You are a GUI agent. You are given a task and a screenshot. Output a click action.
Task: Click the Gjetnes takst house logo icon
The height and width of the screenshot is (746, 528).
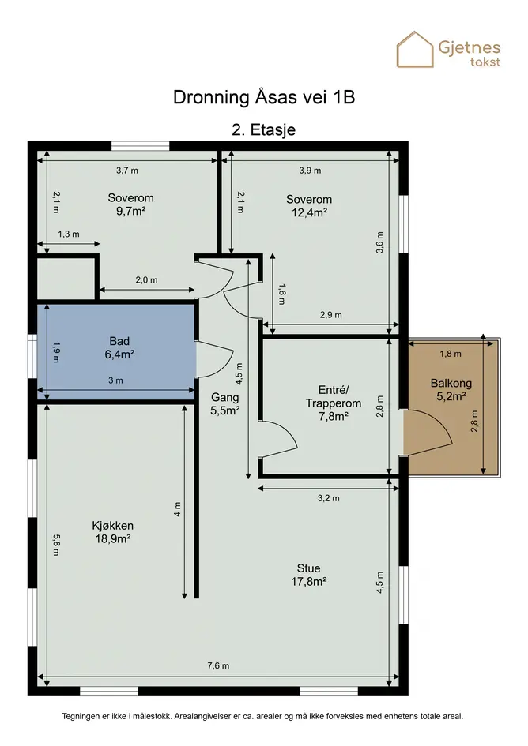(x=415, y=50)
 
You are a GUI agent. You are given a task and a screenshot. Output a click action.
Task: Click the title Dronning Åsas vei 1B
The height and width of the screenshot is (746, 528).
(x=264, y=97)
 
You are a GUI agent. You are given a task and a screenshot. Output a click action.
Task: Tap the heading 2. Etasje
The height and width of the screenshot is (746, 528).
(x=263, y=130)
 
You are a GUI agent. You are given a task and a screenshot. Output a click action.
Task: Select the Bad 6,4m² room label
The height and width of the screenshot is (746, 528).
(x=119, y=347)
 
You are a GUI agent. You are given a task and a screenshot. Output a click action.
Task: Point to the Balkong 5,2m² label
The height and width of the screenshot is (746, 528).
(x=451, y=390)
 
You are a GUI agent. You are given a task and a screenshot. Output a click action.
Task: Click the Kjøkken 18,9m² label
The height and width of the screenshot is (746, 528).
(x=112, y=532)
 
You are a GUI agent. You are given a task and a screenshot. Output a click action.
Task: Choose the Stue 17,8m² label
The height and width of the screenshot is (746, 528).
(x=309, y=575)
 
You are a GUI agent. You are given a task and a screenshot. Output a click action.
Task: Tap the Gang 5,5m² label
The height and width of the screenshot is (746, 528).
(x=225, y=404)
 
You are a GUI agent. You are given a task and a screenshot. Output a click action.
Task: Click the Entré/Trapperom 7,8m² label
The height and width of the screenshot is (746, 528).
(x=333, y=403)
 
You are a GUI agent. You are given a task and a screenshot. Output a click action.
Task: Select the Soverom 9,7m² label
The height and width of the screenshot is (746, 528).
(x=130, y=204)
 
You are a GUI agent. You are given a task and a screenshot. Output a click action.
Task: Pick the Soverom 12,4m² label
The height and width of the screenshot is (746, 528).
(x=309, y=205)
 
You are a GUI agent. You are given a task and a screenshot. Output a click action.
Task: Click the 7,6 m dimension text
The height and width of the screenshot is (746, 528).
(x=218, y=665)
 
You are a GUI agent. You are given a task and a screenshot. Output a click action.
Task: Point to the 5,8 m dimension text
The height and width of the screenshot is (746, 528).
(x=56, y=545)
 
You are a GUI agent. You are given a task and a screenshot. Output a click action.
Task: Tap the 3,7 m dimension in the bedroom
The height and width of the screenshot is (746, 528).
(x=127, y=171)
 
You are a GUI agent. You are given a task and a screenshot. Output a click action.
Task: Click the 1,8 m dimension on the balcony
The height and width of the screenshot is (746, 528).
(x=451, y=354)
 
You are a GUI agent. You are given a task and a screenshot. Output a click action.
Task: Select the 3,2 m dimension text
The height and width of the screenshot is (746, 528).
(x=328, y=498)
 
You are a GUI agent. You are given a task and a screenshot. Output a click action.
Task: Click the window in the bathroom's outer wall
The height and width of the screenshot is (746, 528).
(x=32, y=356)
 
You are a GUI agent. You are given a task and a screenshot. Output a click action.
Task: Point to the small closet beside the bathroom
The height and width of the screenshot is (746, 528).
(x=66, y=279)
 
